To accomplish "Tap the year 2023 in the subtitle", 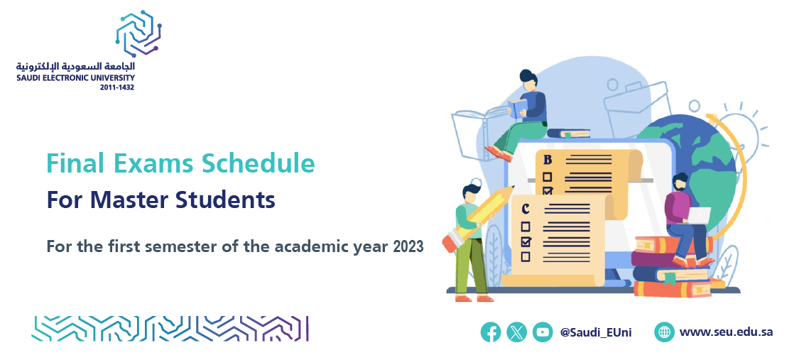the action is click(408, 246).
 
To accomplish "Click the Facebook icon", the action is click(491, 332).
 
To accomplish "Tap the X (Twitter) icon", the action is click(517, 332).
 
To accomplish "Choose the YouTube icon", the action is click(543, 332).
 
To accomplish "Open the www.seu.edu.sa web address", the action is click(726, 332).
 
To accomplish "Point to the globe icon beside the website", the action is click(665, 332).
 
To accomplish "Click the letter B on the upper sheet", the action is click(548, 160).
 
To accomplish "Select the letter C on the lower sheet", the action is click(526, 209).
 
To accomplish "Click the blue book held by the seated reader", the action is click(517, 107).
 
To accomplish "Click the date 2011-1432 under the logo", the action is click(117, 87).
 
